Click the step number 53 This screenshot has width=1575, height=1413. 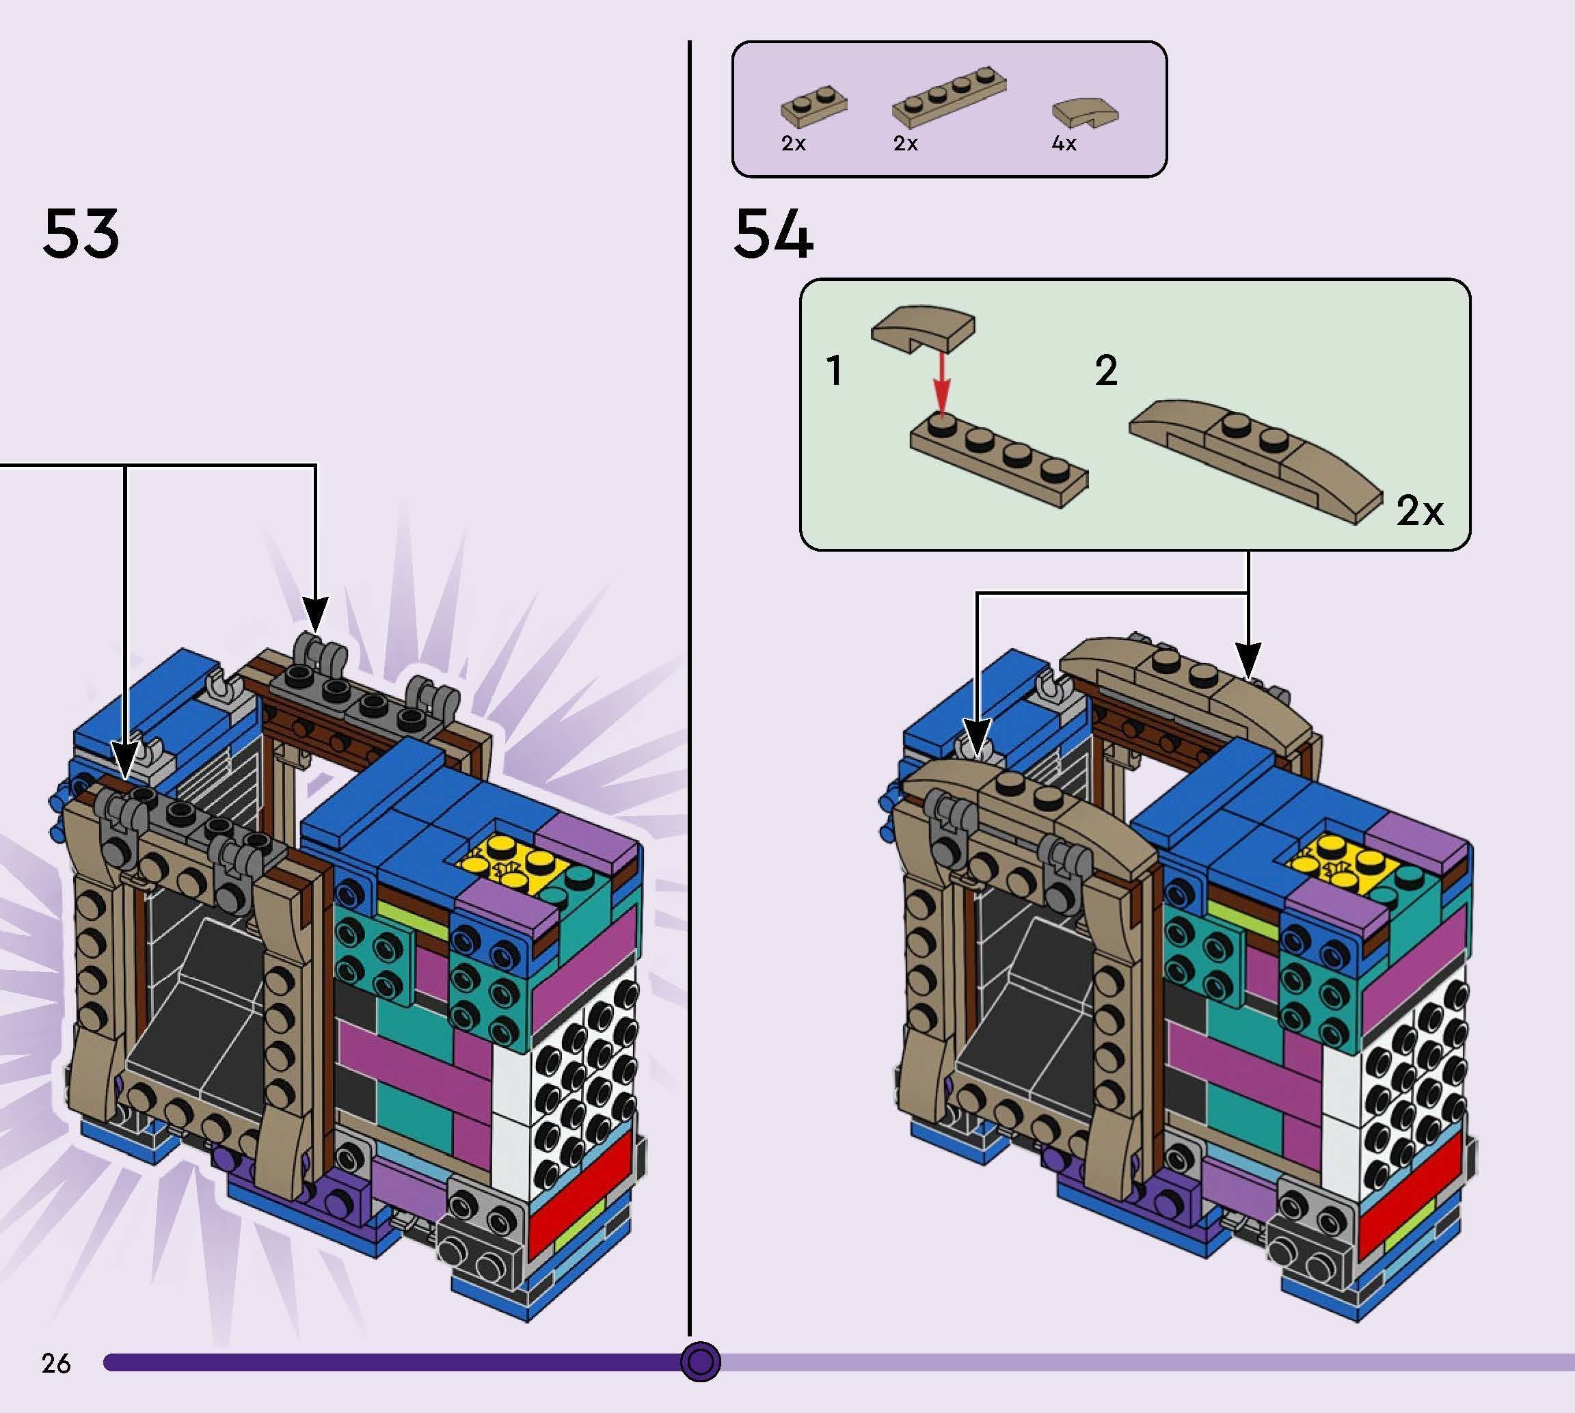[81, 233]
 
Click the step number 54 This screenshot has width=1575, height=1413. [772, 233]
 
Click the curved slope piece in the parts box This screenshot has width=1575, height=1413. [1084, 113]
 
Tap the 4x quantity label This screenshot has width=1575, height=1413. [1064, 144]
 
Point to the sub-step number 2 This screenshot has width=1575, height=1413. [1106, 371]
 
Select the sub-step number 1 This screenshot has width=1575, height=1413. [835, 371]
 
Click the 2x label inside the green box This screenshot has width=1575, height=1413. [1419, 511]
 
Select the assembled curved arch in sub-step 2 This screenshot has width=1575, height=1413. [1254, 458]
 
